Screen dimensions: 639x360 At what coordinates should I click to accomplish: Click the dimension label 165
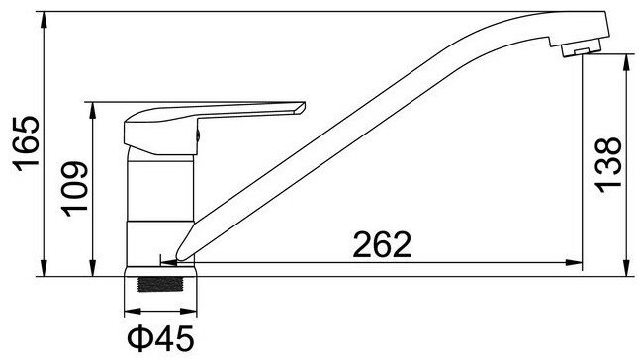(27, 143)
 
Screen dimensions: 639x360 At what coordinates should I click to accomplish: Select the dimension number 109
(74, 189)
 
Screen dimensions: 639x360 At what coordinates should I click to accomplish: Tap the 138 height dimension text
(608, 164)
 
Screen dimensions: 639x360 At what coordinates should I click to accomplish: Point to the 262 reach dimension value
(382, 244)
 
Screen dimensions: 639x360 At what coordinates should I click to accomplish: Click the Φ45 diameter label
(160, 338)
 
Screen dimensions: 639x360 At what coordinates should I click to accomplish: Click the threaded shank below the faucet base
(160, 284)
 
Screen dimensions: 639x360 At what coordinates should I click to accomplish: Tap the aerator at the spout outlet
(581, 48)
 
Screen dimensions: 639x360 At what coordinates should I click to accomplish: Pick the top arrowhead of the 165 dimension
(44, 20)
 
